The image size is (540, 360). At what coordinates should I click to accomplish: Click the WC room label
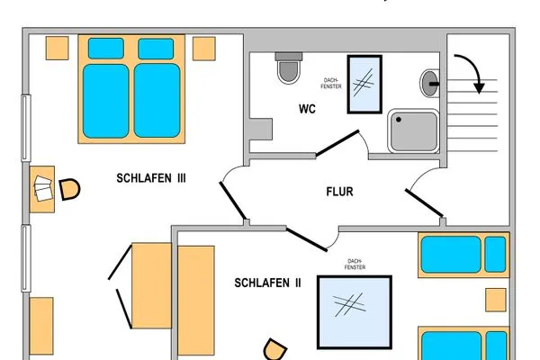pyautogui.click(x=307, y=109)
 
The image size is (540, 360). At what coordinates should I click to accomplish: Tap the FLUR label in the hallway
pyautogui.click(x=339, y=192)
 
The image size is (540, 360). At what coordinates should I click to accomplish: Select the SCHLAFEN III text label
pyautogui.click(x=151, y=178)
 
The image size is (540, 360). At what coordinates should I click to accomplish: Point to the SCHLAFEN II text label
pyautogui.click(x=267, y=283)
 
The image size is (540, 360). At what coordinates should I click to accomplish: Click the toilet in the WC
pyautogui.click(x=289, y=67)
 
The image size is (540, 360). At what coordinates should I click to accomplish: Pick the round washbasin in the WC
pyautogui.click(x=429, y=83)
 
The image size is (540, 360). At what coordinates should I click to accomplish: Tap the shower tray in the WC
pyautogui.click(x=413, y=130)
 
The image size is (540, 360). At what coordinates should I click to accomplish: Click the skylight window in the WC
pyautogui.click(x=364, y=84)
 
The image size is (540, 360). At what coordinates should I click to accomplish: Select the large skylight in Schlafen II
pyautogui.click(x=355, y=312)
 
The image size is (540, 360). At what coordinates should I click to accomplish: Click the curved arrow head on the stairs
pyautogui.click(x=479, y=88)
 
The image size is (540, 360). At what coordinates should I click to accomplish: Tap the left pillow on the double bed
pyautogui.click(x=105, y=49)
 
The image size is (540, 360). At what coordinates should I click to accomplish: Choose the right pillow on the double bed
pyautogui.click(x=156, y=49)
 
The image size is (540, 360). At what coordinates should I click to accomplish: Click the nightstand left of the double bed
pyautogui.click(x=58, y=49)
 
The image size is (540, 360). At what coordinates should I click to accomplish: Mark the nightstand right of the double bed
pyautogui.click(x=204, y=49)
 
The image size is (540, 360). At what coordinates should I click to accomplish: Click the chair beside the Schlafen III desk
pyautogui.click(x=69, y=189)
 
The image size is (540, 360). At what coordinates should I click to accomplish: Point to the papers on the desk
pyautogui.click(x=43, y=188)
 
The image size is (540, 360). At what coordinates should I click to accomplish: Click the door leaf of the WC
pyautogui.click(x=337, y=143)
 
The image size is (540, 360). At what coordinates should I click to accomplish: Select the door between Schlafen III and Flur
pyautogui.click(x=233, y=201)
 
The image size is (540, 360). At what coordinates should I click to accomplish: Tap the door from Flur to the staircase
pyautogui.click(x=424, y=202)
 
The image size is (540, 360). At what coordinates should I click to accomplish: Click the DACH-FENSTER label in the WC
pyautogui.click(x=331, y=84)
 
